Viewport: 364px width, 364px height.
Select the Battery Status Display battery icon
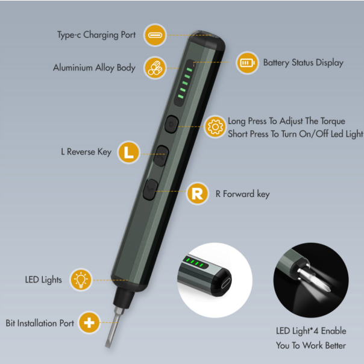click(x=246, y=63)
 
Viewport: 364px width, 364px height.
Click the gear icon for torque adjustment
click(x=214, y=127)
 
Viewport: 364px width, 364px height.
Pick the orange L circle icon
click(x=127, y=152)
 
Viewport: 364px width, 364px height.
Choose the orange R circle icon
click(x=196, y=193)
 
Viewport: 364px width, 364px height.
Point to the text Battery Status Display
click(x=303, y=63)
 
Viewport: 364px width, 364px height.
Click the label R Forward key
click(x=242, y=194)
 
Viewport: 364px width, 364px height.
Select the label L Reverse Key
click(x=86, y=152)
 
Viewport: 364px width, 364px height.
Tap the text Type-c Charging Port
click(x=97, y=36)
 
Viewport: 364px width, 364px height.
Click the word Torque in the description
click(x=333, y=121)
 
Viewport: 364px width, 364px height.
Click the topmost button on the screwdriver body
click(x=171, y=124)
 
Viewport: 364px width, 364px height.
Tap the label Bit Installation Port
click(x=40, y=323)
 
